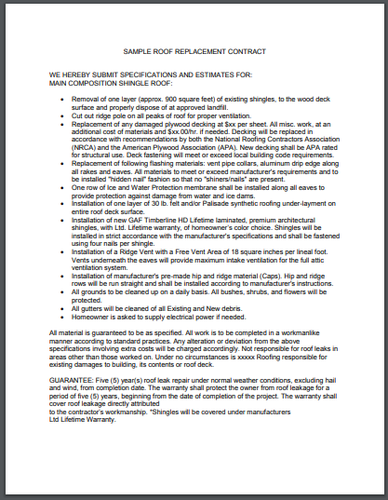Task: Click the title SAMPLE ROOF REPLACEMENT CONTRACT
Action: click(194, 52)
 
